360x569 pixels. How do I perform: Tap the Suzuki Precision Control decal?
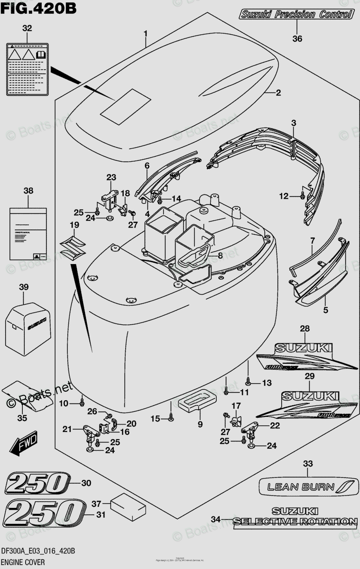pos(296,14)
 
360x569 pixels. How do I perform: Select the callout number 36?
pos(297,39)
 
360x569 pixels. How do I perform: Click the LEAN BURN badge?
pos(307,486)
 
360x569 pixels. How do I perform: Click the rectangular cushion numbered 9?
pos(198,400)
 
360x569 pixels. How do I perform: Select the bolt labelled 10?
pos(82,403)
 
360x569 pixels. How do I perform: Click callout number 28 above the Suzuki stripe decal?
pos(305,329)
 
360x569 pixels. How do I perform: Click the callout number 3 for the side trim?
pos(294,123)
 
